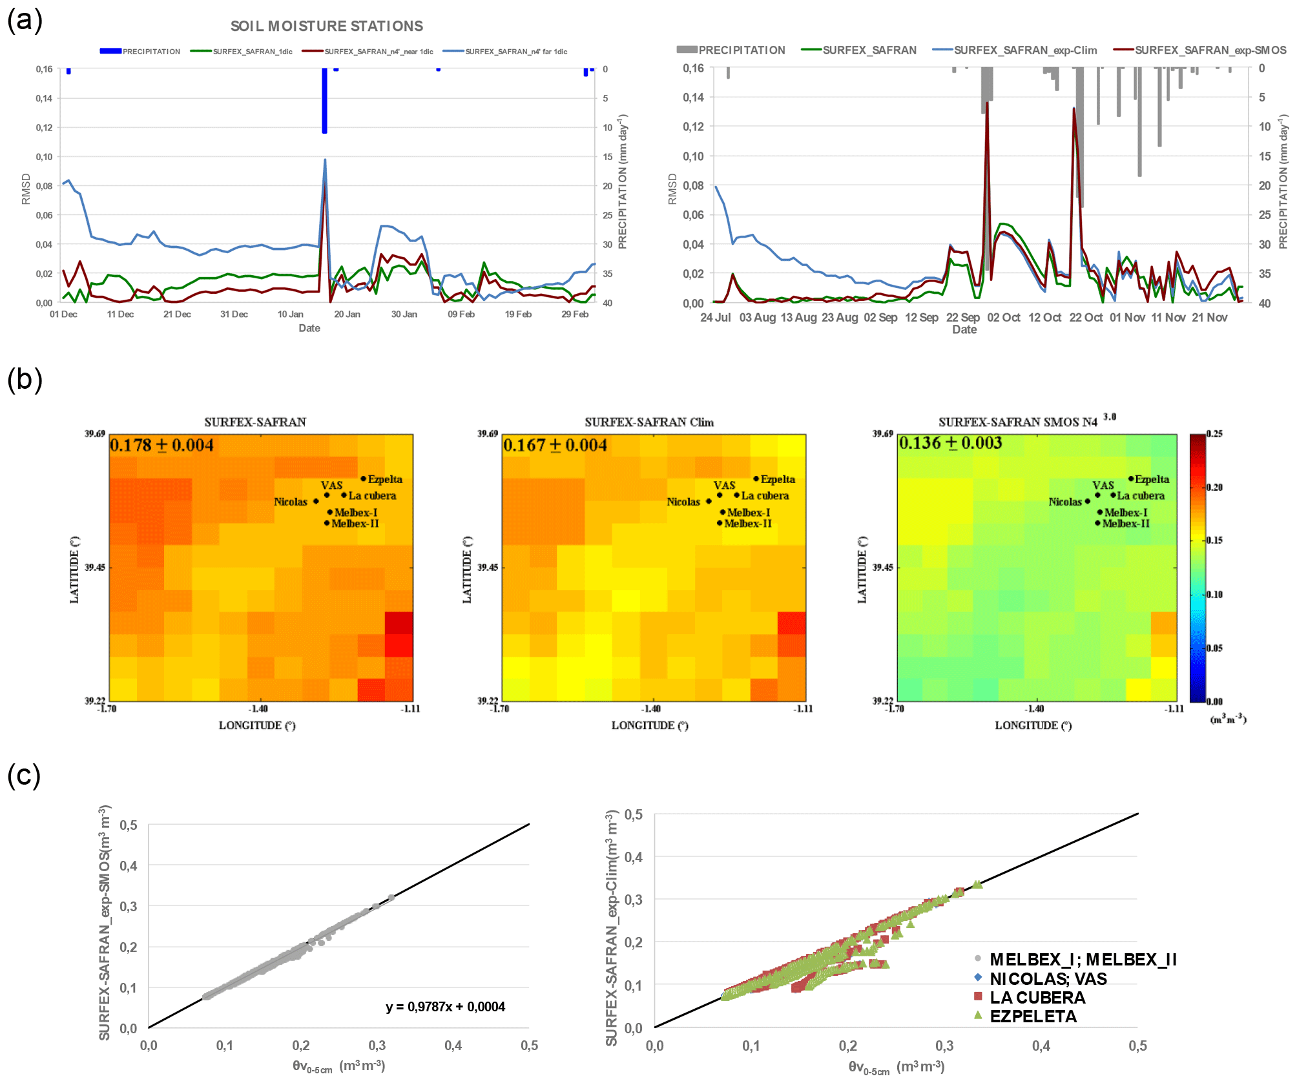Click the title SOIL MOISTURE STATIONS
[x=326, y=26]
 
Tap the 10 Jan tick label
[x=290, y=315]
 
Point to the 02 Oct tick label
[x=1003, y=318]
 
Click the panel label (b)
[x=25, y=379]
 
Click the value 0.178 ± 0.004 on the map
[x=161, y=445]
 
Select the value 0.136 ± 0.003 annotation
[x=950, y=443]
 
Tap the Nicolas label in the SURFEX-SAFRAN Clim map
[x=683, y=502]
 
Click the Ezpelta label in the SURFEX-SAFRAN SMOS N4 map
[x=1152, y=479]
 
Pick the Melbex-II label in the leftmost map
[x=355, y=524]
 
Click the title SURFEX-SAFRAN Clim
[x=648, y=422]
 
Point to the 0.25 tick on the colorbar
[x=1214, y=434]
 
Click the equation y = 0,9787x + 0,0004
[x=445, y=1007]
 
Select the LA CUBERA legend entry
[x=1037, y=998]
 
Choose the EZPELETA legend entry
[x=1032, y=1016]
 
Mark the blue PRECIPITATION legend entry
[x=141, y=52]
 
